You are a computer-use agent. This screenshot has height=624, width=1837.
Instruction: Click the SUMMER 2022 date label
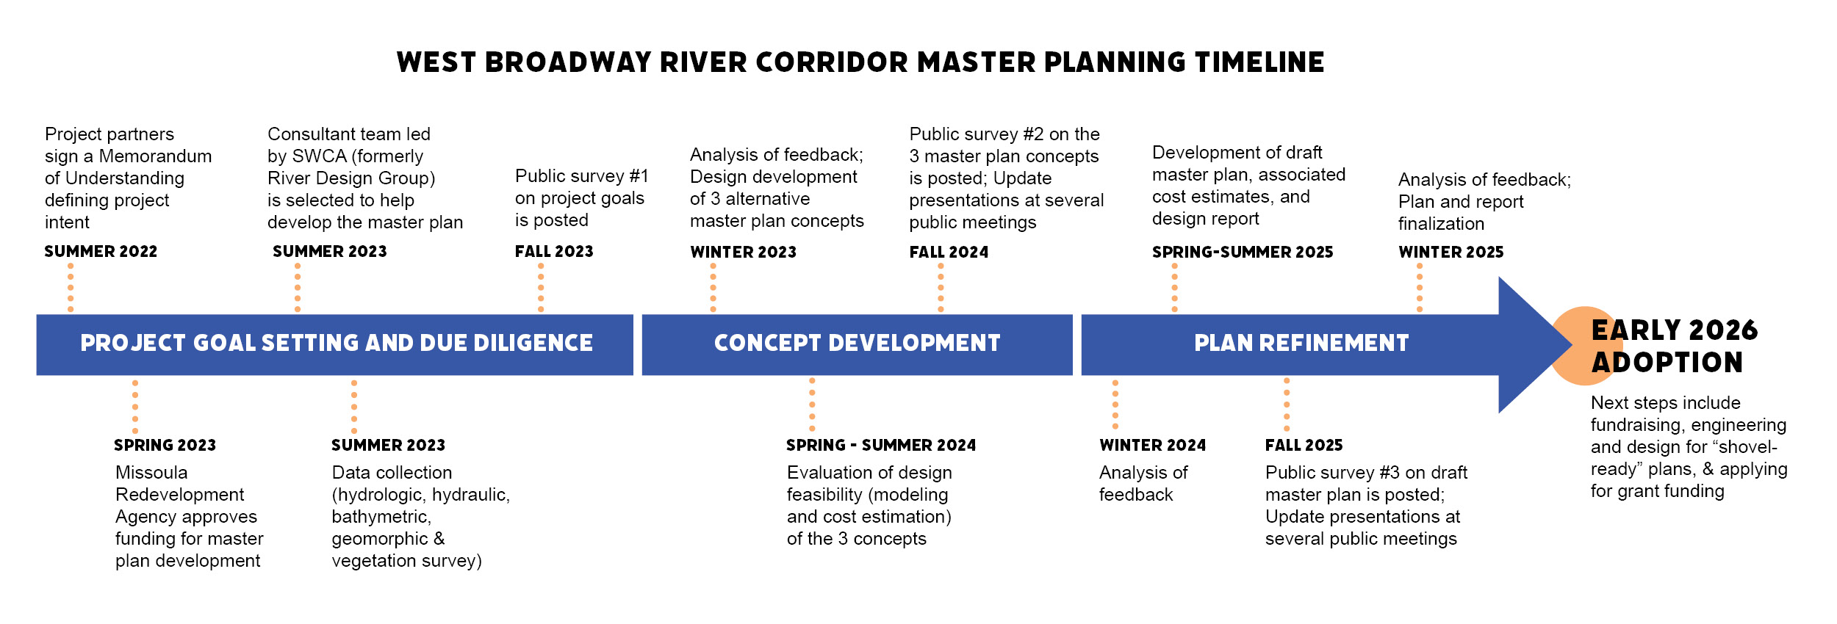click(101, 252)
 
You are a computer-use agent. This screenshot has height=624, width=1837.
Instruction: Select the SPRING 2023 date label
click(165, 445)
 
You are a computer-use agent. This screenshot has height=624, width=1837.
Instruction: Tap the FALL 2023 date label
click(554, 252)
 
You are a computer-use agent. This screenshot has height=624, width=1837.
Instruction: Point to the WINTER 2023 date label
click(743, 253)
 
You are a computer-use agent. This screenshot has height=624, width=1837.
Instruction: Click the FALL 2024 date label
click(949, 253)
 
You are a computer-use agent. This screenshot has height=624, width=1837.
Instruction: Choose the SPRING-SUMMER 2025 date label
click(1242, 253)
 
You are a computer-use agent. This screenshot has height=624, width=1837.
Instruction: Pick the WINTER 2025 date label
click(1450, 253)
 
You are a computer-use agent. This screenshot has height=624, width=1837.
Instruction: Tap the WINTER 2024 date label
click(1152, 446)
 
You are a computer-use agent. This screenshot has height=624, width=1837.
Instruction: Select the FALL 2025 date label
click(1304, 446)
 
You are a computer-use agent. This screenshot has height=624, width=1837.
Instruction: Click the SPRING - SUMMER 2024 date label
click(880, 446)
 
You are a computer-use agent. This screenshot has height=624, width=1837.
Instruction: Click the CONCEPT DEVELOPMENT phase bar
click(857, 344)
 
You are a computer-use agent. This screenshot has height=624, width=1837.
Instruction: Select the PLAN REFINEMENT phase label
click(1301, 344)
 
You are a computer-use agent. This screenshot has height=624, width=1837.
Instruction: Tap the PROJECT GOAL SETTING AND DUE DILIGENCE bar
click(335, 344)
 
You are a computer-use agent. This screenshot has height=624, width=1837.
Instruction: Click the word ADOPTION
click(1667, 363)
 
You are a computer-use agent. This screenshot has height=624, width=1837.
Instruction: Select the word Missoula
click(151, 473)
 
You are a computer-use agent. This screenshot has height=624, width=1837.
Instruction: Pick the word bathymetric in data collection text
click(381, 517)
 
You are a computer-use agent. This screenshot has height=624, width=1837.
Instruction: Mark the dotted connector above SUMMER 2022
click(71, 287)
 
